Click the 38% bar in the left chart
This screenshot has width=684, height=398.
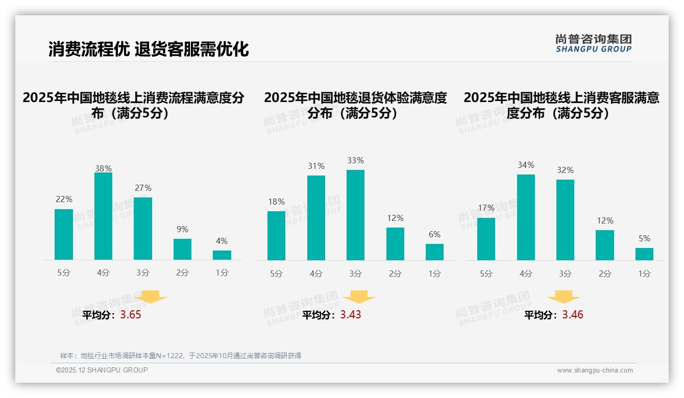pyautogui.click(x=103, y=216)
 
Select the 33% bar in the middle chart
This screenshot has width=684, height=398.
pyautogui.click(x=355, y=215)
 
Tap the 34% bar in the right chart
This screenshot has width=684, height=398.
pyautogui.click(x=526, y=217)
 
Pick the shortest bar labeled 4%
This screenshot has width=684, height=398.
pyautogui.click(x=222, y=255)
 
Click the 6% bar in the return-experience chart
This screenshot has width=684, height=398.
pyautogui.click(x=434, y=252)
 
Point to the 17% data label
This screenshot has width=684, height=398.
pyautogui.click(x=486, y=208)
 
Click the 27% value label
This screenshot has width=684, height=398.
pyautogui.click(x=143, y=188)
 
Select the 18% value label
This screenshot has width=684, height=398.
pyautogui.click(x=276, y=202)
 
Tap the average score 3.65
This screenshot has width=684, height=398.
pyautogui.click(x=130, y=315)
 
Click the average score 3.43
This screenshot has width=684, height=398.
pyautogui.click(x=351, y=315)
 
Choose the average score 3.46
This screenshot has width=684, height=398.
pyautogui.click(x=573, y=315)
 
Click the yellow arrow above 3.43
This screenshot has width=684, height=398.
pyautogui.click(x=359, y=297)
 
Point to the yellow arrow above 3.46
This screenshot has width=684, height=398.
pyautogui.click(x=564, y=297)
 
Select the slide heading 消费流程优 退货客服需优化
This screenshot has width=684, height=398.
pyautogui.click(x=149, y=49)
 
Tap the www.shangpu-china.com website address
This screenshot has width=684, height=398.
pyautogui.click(x=595, y=370)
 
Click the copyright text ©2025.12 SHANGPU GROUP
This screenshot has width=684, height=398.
pyautogui.click(x=102, y=370)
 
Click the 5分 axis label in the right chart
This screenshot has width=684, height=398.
pyautogui.click(x=486, y=273)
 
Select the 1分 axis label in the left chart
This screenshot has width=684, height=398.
pyautogui.click(x=222, y=272)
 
